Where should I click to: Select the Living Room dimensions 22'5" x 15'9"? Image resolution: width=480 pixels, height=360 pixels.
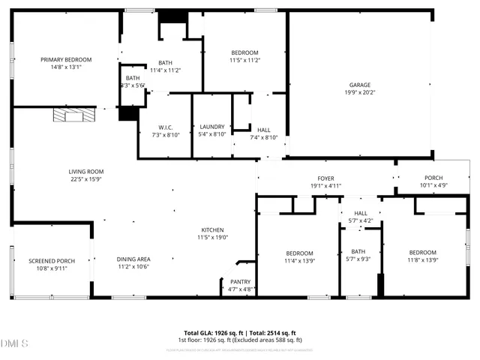pyautogui.click(x=85, y=179)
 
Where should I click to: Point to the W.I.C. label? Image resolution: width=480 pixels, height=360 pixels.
pyautogui.click(x=166, y=127)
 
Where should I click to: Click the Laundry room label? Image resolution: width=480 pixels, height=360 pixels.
pyautogui.click(x=212, y=127)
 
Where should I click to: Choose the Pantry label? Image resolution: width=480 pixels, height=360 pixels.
pyautogui.click(x=240, y=283)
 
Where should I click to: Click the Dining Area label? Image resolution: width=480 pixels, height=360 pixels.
pyautogui.click(x=133, y=259)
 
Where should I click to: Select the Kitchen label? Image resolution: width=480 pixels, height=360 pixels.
pyautogui.click(x=212, y=229)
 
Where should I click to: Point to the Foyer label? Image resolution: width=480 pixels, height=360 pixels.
pyautogui.click(x=325, y=178)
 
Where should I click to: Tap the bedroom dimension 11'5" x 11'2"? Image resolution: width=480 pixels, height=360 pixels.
pyautogui.click(x=244, y=59)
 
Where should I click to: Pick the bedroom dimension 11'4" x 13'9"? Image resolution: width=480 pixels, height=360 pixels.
pyautogui.click(x=298, y=261)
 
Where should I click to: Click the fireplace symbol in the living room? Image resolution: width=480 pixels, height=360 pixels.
pyautogui.click(x=74, y=115)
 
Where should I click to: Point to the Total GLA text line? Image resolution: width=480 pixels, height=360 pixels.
pyautogui.click(x=240, y=332)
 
